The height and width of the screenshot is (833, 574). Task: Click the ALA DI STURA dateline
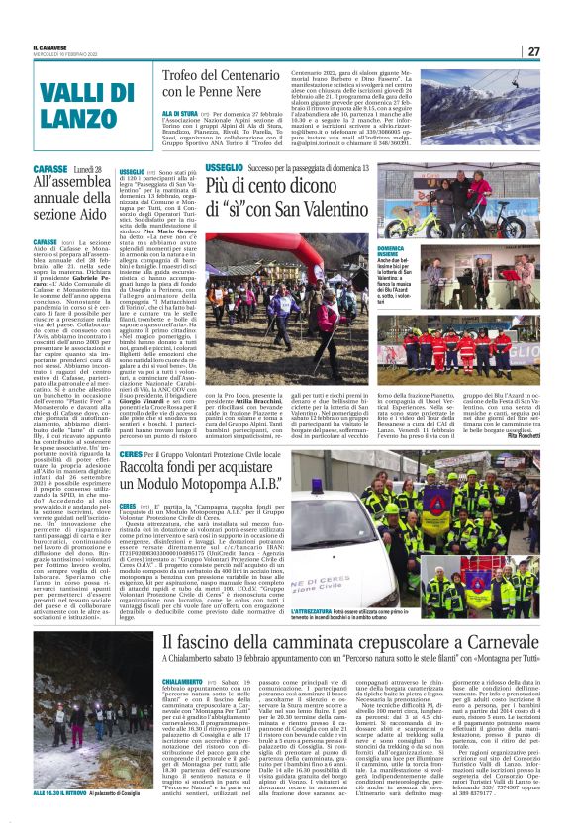[x=178, y=114]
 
